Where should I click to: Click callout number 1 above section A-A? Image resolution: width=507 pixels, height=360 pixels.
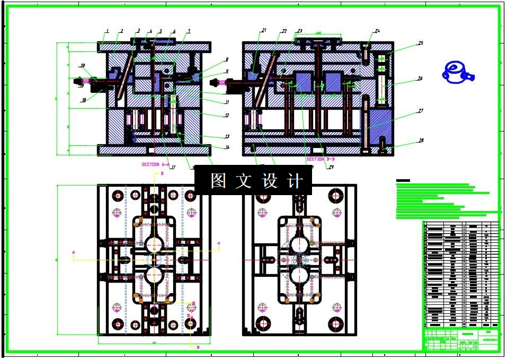tap(107, 31)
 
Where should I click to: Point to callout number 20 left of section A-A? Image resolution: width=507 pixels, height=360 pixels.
tap(83, 66)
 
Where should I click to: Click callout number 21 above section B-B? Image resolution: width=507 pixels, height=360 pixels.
tap(264, 30)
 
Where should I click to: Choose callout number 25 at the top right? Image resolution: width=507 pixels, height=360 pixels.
tap(420, 43)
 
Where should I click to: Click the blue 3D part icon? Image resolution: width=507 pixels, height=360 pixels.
tap(456, 72)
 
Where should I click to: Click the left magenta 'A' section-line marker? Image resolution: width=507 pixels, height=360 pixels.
tap(74, 252)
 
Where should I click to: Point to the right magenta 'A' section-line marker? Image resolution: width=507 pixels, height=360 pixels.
tap(219, 243)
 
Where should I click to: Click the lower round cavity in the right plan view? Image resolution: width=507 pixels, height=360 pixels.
tap(299, 276)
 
